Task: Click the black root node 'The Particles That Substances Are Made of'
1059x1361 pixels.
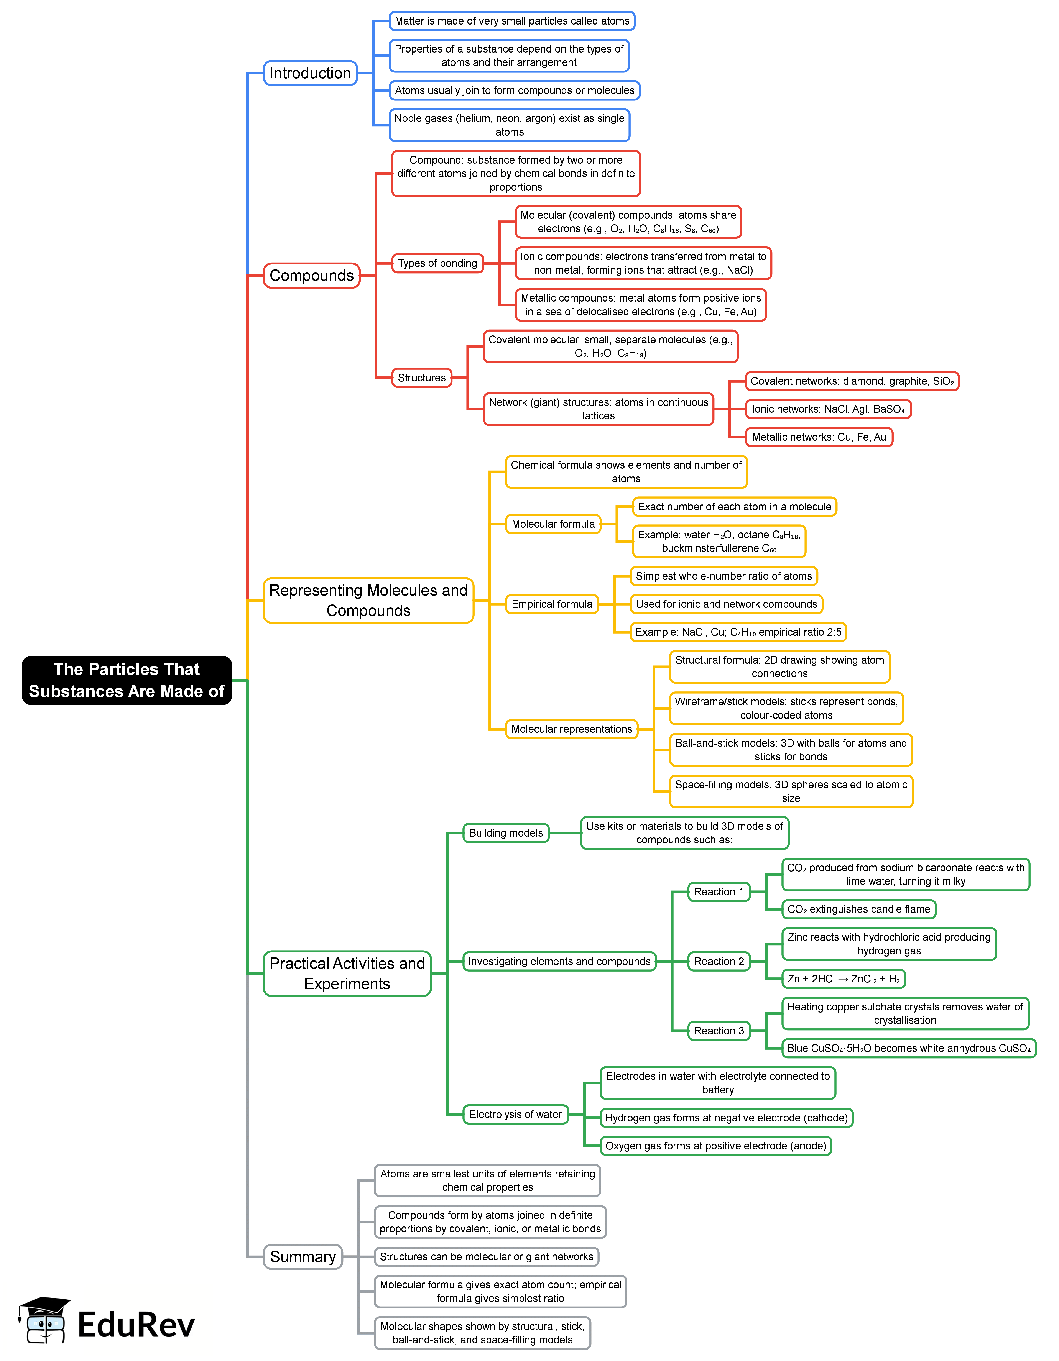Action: coord(127,680)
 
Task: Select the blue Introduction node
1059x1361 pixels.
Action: coord(310,73)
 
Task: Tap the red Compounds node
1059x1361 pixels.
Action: coord(311,276)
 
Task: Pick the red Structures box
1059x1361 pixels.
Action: coord(421,378)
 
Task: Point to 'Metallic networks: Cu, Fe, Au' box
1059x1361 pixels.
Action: coord(818,437)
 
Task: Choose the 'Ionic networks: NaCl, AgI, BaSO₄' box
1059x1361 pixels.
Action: coord(828,409)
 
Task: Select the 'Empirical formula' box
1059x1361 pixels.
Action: coord(552,604)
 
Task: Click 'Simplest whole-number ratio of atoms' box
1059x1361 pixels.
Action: coord(723,576)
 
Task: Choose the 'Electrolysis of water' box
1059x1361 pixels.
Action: coord(515,1114)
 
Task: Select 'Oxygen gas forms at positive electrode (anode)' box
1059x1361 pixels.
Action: coord(715,1145)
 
